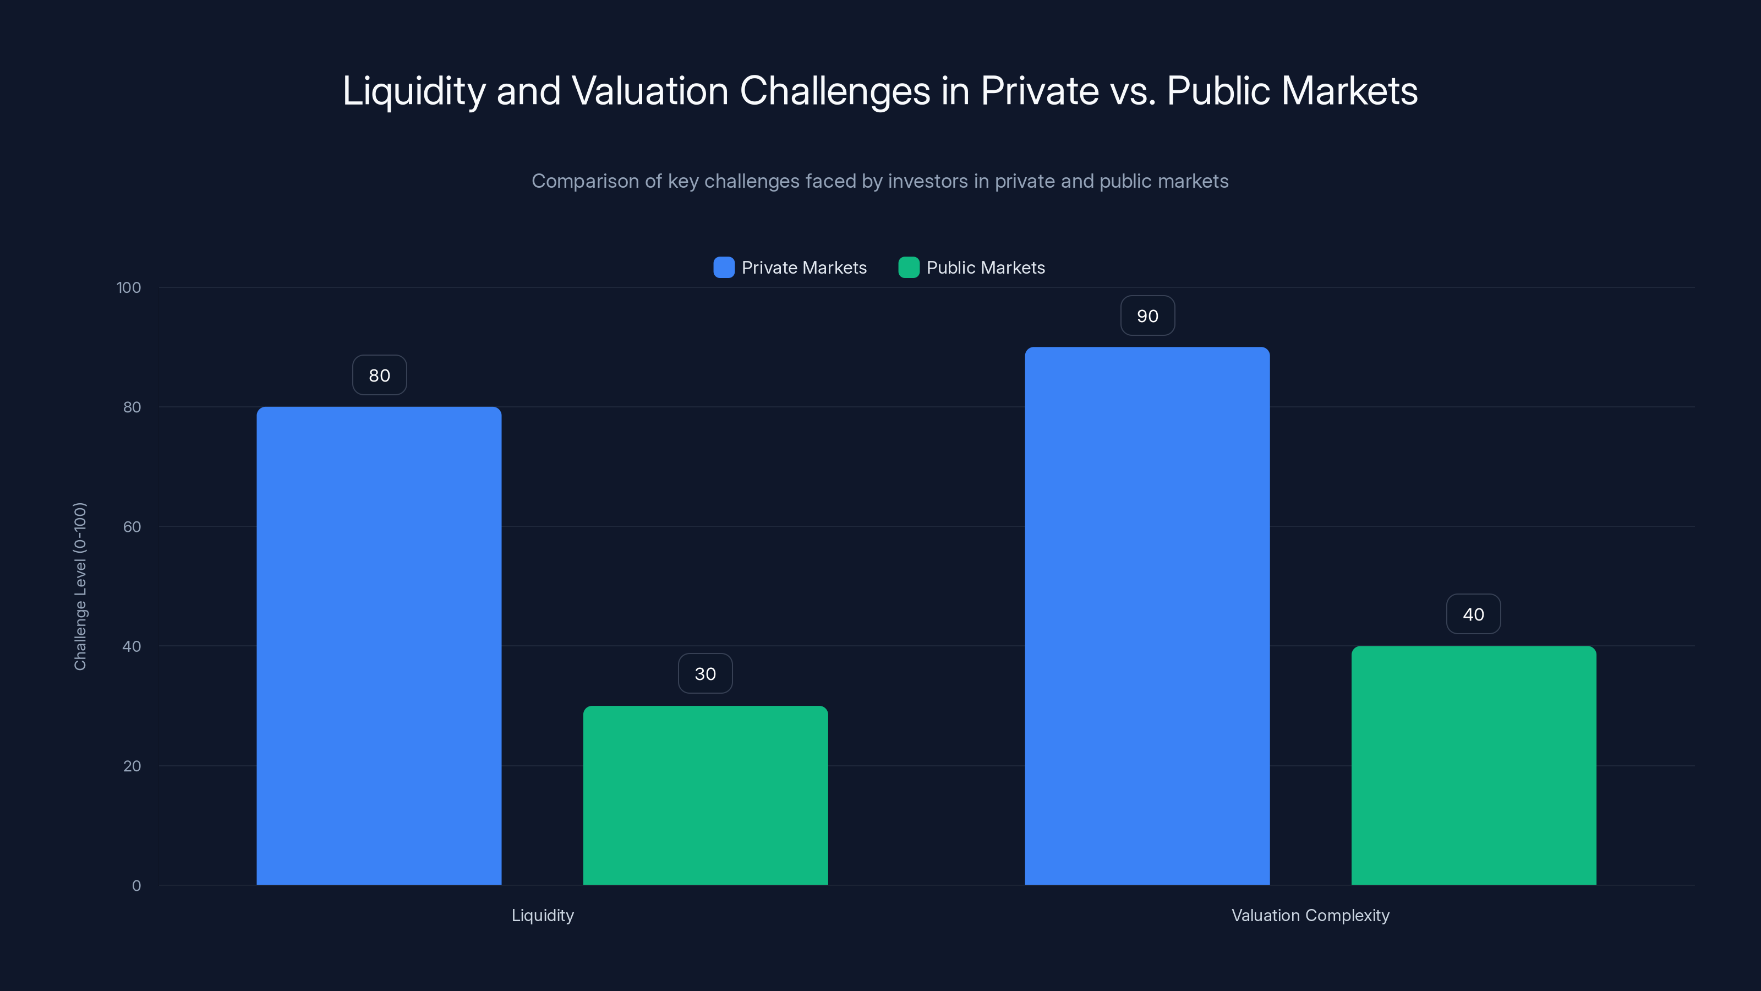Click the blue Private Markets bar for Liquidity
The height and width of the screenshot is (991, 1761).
tap(379, 646)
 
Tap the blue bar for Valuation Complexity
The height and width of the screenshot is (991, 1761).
tap(1147, 616)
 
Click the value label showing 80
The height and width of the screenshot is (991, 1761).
tap(379, 375)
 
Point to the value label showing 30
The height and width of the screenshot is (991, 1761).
tap(705, 674)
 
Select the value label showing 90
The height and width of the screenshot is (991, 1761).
tap(1147, 315)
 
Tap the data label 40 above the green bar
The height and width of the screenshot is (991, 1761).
tap(1473, 614)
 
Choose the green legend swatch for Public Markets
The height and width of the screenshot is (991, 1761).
tap(909, 268)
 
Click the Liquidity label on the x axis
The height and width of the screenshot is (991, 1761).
tap(543, 915)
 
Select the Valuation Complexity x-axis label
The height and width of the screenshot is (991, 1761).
tap(1310, 915)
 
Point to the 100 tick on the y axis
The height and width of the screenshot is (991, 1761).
tap(129, 287)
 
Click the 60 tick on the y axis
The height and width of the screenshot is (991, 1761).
tap(132, 527)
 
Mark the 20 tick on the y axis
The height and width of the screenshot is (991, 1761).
tap(132, 766)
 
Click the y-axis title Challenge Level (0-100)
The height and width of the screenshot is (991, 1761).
tap(80, 586)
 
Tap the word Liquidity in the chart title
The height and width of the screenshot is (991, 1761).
tap(414, 90)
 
